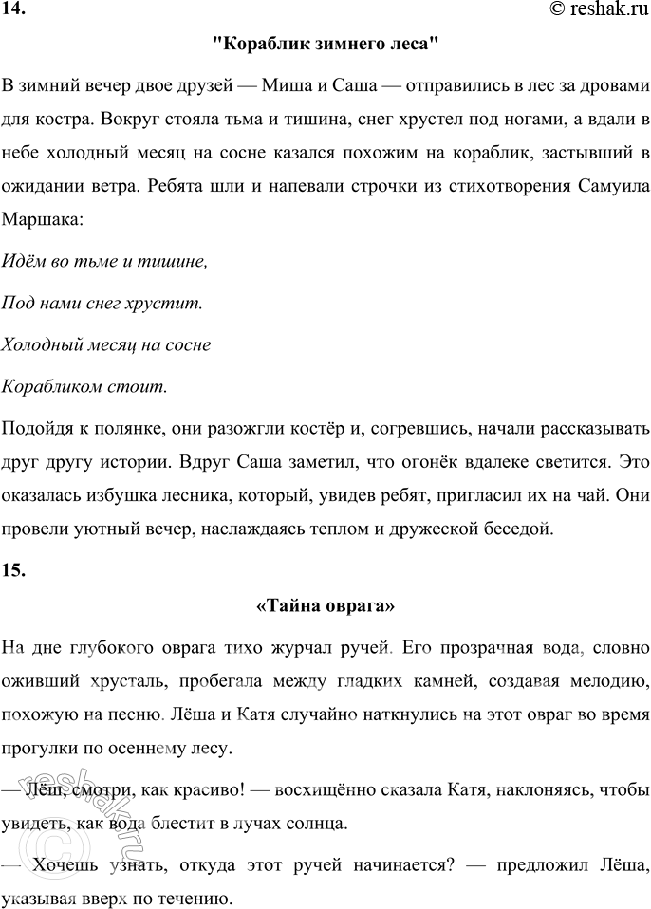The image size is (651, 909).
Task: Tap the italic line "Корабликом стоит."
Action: (85, 386)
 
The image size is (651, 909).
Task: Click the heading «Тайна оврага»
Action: (325, 604)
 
